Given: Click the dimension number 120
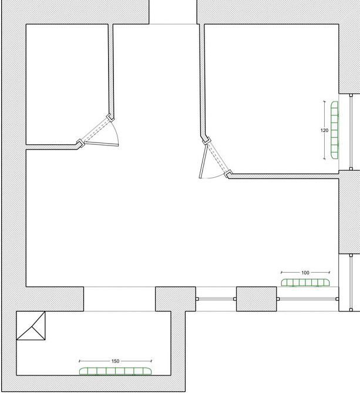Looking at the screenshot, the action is [324, 130].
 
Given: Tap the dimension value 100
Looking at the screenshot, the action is [305, 273].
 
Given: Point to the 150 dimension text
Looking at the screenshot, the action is [115, 361].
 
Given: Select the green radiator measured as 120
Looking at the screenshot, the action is [334, 130].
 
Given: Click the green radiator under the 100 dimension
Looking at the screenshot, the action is [305, 283].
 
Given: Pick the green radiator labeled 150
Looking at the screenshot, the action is [116, 371].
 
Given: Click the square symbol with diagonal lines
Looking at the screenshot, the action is [31, 326].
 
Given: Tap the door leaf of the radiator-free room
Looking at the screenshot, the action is [101, 144].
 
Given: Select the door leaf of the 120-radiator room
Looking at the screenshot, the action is [203, 161].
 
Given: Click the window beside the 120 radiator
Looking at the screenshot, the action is [351, 132].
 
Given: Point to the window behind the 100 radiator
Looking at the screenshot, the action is [308, 299].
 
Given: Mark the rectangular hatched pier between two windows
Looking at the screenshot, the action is [257, 299].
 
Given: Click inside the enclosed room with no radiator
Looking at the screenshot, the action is [67, 84].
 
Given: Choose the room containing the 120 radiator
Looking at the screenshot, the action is [271, 98].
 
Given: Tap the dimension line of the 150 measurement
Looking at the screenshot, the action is [116, 361].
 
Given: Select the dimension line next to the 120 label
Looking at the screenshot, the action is [324, 130].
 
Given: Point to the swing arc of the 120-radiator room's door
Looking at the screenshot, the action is [213, 177].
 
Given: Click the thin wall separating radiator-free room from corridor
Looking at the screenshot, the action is [111, 70].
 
